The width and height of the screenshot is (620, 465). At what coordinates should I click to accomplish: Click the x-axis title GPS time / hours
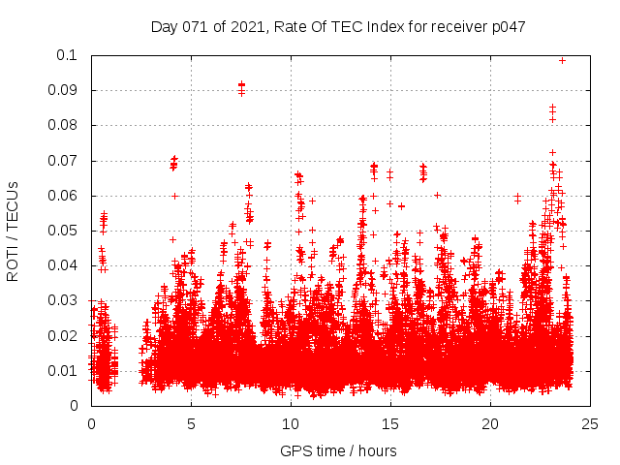[x=338, y=450]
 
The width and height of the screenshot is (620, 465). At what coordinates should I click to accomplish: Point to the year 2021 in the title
[x=250, y=27]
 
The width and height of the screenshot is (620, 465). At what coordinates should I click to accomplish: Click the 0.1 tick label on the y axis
[x=69, y=55]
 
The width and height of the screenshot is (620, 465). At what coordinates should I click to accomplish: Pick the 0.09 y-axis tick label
[x=65, y=90]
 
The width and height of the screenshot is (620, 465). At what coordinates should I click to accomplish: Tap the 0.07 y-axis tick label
[x=65, y=160]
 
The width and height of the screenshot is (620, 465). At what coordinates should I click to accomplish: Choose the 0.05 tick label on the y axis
[x=65, y=231]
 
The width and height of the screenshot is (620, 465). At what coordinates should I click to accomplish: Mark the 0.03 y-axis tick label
[x=65, y=300]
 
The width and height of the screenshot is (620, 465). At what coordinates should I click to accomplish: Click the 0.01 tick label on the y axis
[x=65, y=371]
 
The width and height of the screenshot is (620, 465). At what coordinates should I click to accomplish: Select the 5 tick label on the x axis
[x=191, y=423]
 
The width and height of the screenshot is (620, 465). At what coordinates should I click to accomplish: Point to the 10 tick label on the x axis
[x=291, y=423]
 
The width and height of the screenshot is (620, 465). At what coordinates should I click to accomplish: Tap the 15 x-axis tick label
[x=390, y=423]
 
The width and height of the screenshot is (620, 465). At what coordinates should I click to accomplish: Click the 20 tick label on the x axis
[x=491, y=423]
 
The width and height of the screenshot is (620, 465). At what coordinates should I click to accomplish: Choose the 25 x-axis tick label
[x=591, y=423]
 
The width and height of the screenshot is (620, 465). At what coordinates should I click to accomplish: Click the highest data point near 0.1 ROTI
[x=562, y=60]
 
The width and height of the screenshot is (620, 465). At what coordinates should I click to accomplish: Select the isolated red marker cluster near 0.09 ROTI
[x=241, y=88]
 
